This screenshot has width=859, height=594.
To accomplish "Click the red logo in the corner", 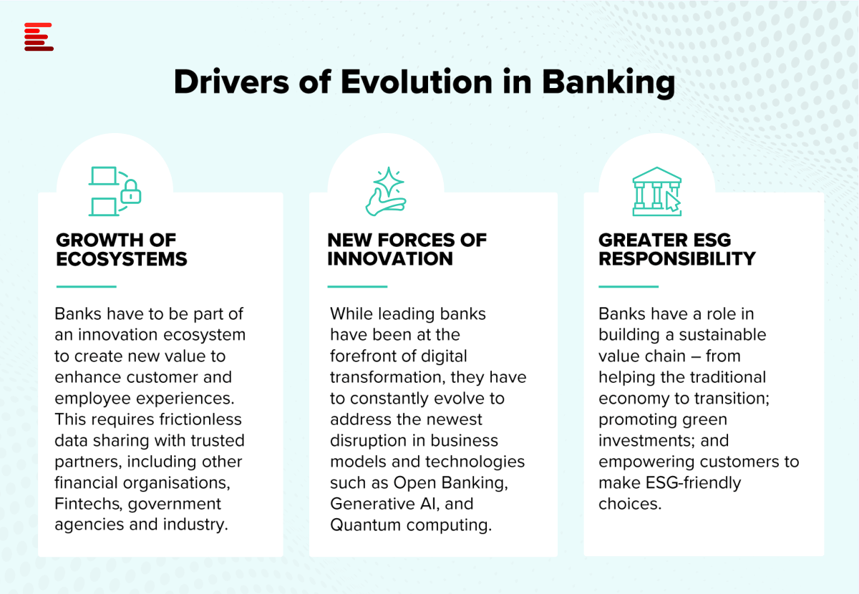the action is pos(39,36).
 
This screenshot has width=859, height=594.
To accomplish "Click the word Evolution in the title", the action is pos(416,82).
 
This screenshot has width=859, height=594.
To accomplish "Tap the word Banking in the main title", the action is pos(608,83).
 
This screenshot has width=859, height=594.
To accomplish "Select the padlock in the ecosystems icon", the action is pos(131,191).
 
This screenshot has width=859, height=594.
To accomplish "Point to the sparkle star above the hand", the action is pos(389,181).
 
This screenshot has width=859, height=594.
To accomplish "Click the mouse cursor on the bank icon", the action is pos(673,202).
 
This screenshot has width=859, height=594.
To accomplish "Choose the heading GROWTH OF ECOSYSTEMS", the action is pos(122,250).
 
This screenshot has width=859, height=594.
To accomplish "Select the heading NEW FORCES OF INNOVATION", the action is pos(407,250).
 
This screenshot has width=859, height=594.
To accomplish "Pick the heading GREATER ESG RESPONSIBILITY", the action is pos(677,250).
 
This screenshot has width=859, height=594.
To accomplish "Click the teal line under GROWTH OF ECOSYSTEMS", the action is pos(87,286).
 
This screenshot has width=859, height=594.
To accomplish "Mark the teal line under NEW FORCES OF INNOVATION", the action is pos(357,286).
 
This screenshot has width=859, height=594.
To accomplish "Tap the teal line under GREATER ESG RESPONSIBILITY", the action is pos(629,286).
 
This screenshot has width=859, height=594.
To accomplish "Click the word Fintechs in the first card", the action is pos(89,504).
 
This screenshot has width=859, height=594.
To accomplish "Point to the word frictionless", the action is pos(200,419).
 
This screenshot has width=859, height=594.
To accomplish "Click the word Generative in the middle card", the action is pos(372,504).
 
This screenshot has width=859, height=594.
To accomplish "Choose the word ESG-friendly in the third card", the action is pos(694,483).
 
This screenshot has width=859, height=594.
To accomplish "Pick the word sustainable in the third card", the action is pos(722,335).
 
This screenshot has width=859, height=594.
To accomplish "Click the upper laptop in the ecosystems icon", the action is pos(104,176).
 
